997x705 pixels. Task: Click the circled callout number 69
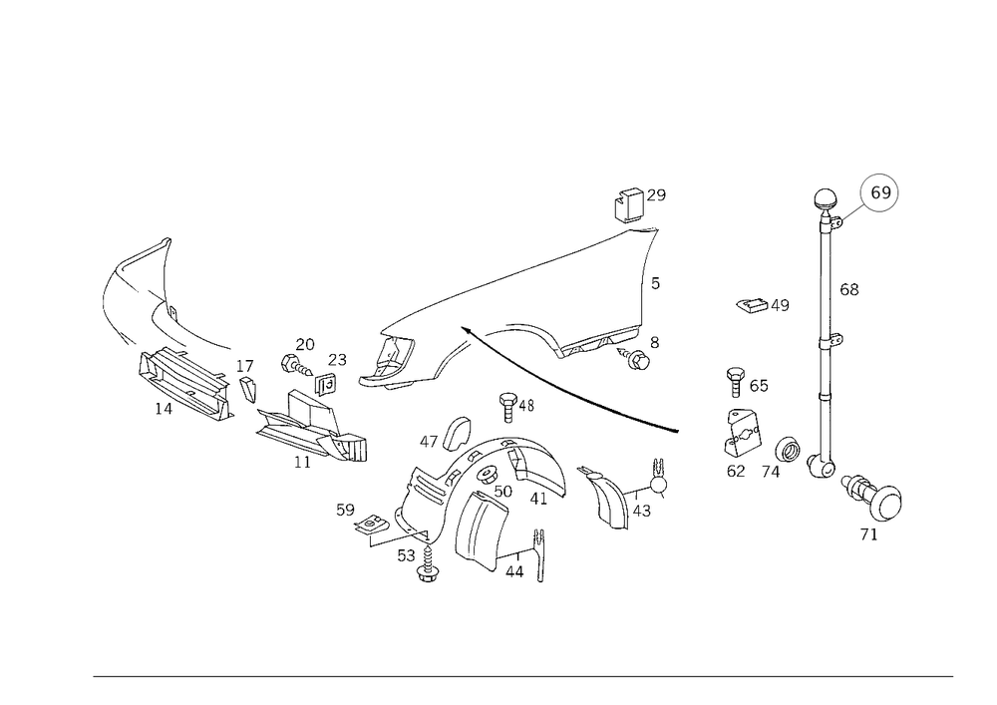pos(880,192)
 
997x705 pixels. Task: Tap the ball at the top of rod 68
pos(826,199)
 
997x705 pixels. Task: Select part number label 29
pos(656,195)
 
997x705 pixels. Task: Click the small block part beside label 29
pos(628,204)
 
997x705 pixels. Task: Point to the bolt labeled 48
pos(507,407)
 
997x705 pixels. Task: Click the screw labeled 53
pos(428,564)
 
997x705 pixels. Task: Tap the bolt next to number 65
pos(735,382)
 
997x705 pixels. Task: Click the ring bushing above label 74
pos(789,450)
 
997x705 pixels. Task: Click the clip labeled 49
pos(752,306)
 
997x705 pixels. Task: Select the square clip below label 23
pos(326,384)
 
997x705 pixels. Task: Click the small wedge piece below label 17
pos(247,389)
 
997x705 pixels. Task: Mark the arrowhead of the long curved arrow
pos(465,330)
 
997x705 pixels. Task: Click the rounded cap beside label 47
pos(456,433)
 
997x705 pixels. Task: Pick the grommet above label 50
pos(489,475)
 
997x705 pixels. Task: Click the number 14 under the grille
pos(164,409)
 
